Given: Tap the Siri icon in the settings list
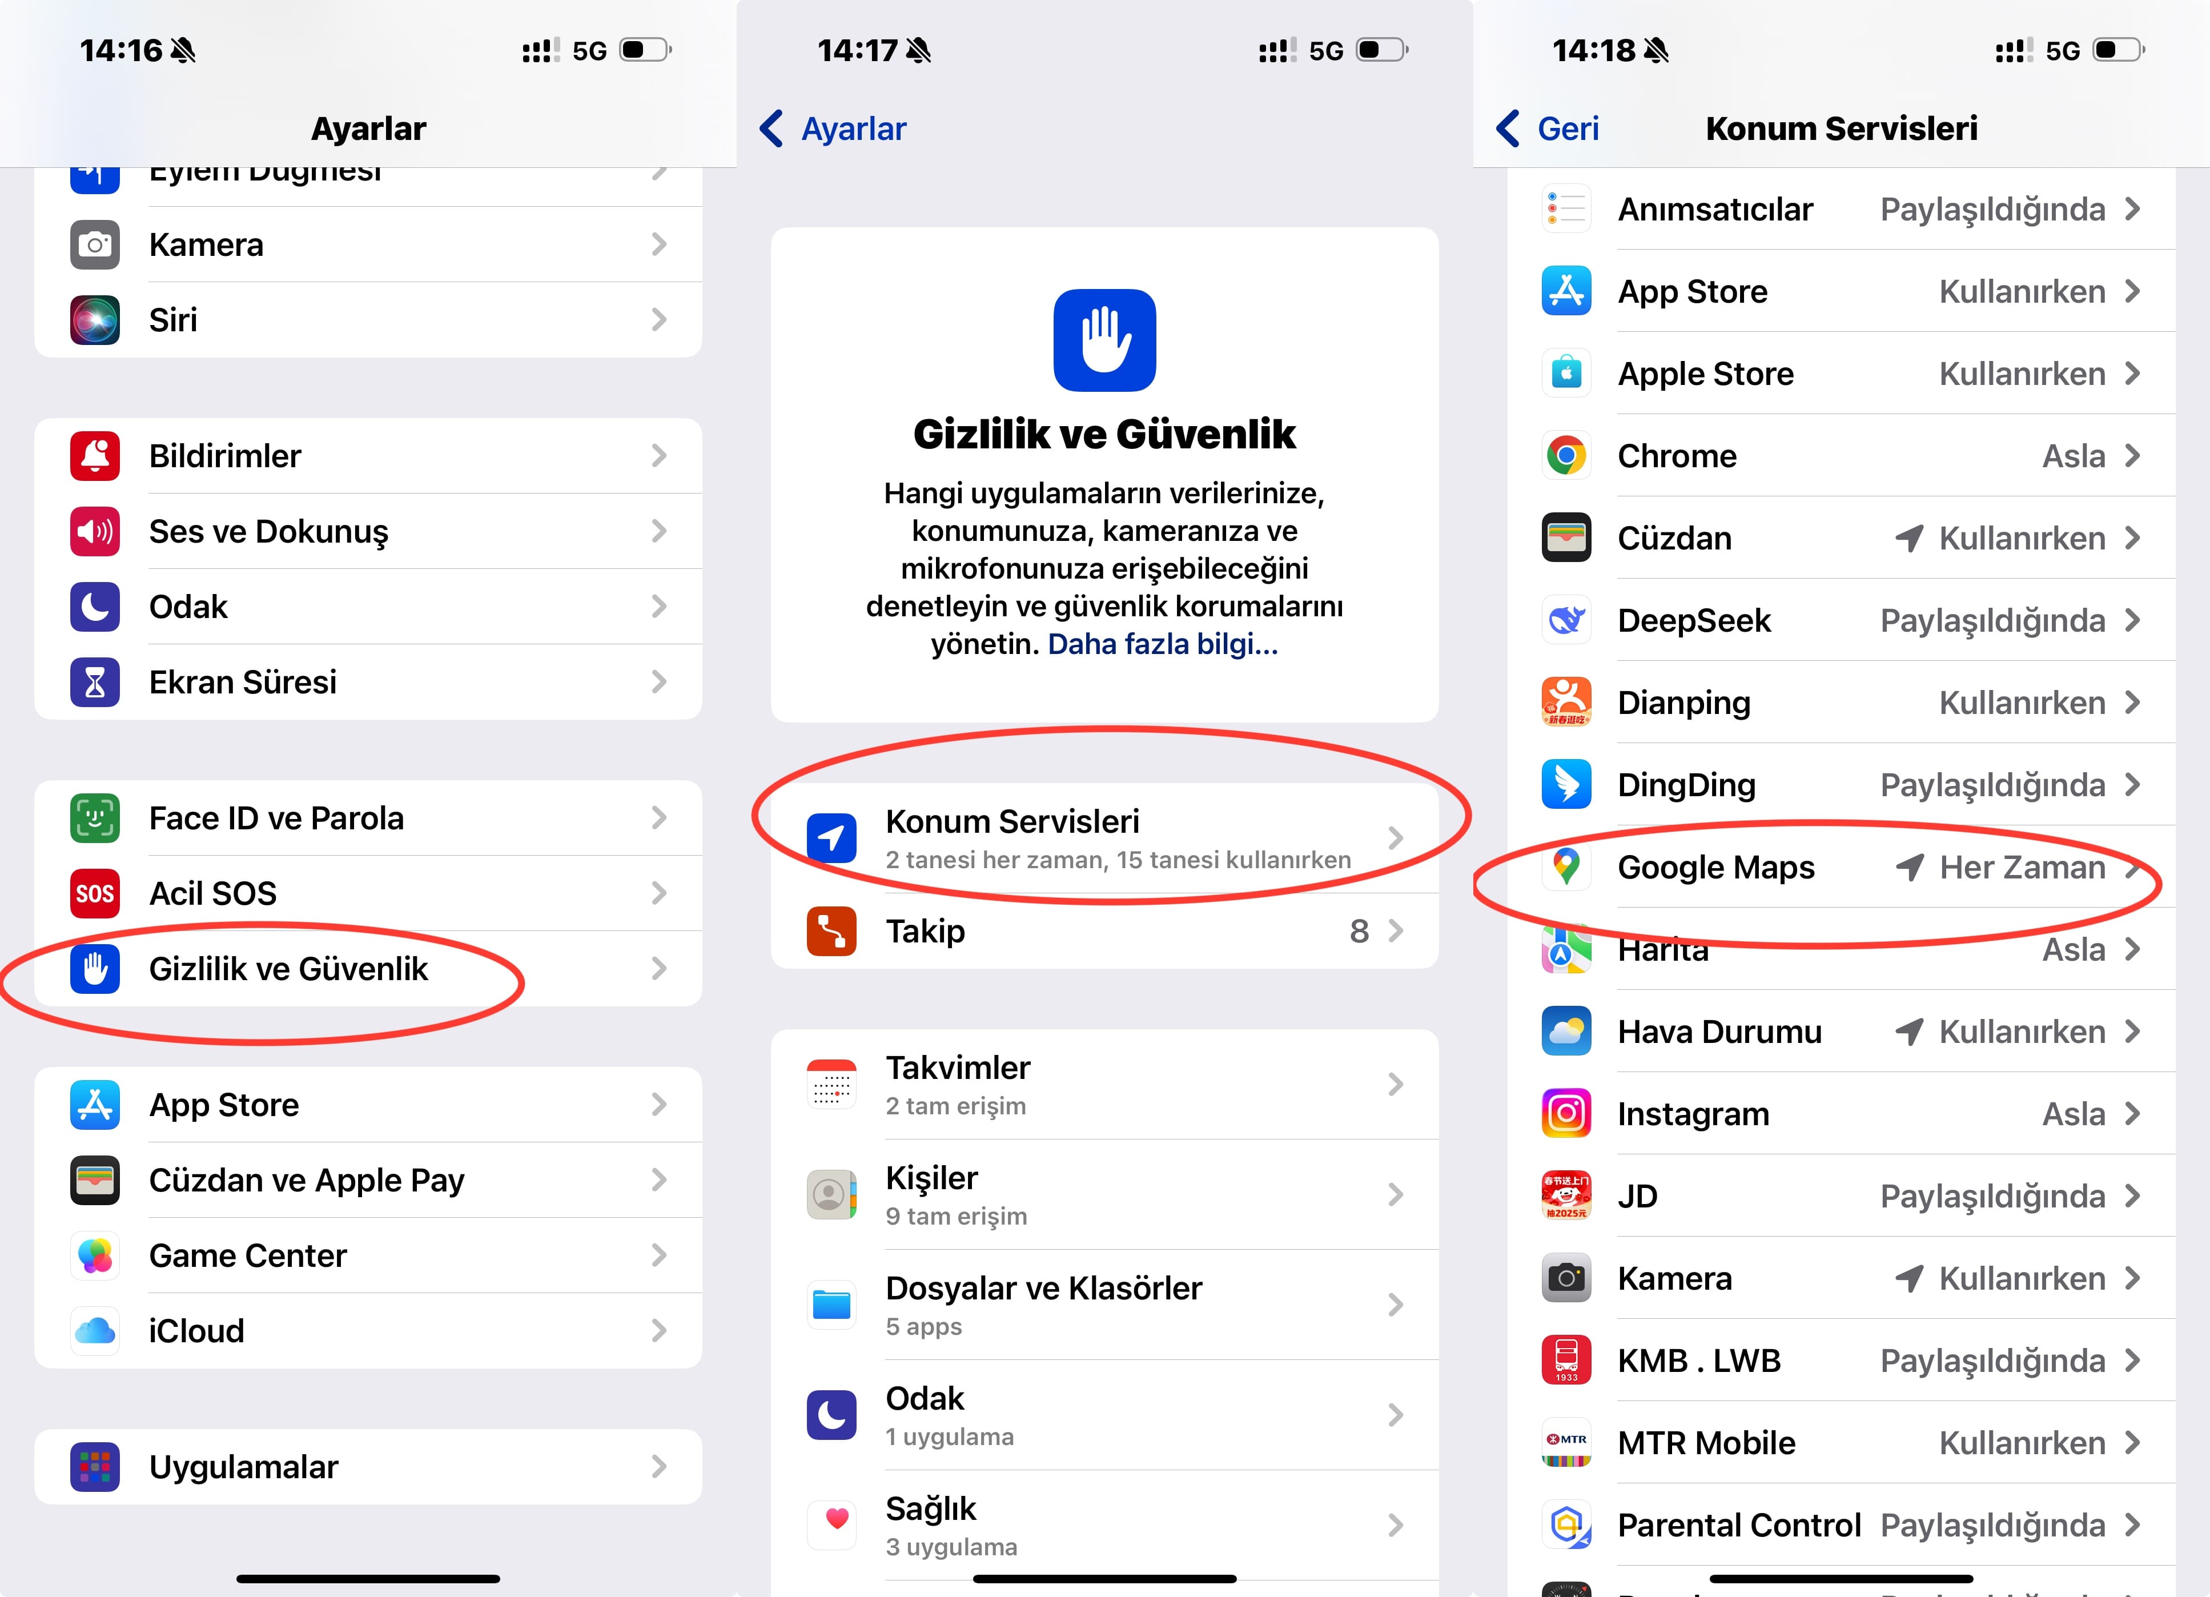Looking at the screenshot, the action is [95, 320].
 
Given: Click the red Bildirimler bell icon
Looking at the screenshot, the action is [95, 455].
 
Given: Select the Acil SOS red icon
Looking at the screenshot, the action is [95, 893].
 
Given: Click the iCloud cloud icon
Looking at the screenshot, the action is [95, 1330].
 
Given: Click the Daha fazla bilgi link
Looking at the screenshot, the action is [1163, 644].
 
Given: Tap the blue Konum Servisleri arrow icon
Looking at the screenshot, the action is [831, 838].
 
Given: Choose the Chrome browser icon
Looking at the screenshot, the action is [1566, 455].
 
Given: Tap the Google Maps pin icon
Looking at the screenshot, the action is [1566, 866].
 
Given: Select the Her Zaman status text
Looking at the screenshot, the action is [2022, 867].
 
